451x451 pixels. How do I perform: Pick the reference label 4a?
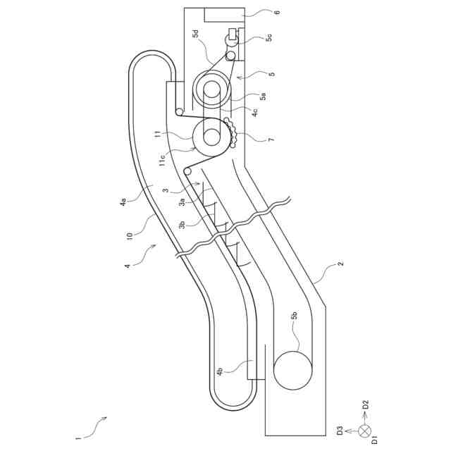(124, 203)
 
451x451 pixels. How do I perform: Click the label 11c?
(162, 160)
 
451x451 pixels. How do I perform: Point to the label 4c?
(254, 111)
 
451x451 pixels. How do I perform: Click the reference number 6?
(277, 12)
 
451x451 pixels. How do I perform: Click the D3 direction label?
(339, 431)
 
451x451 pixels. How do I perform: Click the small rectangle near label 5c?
(233, 34)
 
